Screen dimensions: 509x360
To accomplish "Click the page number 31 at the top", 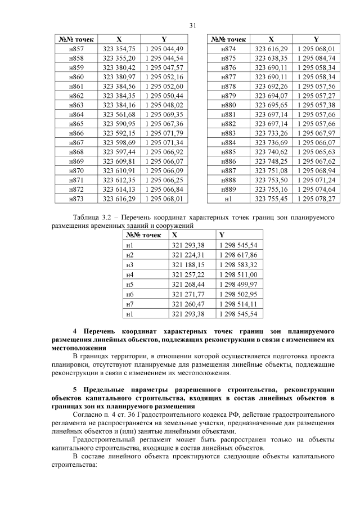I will pyautogui.click(x=192, y=25).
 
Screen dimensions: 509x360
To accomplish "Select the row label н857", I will pyautogui.click(x=75, y=49).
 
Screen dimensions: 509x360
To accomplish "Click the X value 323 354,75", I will pyautogui.click(x=119, y=49).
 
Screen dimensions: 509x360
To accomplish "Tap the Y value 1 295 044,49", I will pyautogui.click(x=164, y=49).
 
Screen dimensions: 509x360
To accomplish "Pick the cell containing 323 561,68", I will pyautogui.click(x=119, y=114).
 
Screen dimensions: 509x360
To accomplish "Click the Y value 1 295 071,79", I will pyautogui.click(x=164, y=133).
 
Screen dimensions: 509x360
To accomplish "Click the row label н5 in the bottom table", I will pyautogui.click(x=130, y=284).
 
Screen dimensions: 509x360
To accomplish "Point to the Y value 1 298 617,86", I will pyautogui.click(x=238, y=255).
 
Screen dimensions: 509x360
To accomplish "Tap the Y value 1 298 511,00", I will pyautogui.click(x=238, y=274).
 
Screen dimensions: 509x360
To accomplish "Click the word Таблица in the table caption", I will pyautogui.click(x=86, y=217).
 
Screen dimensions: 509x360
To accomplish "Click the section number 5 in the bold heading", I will pyautogui.click(x=75, y=390).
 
